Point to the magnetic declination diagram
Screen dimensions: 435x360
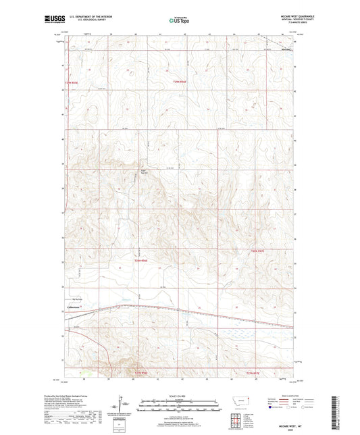pos(126,406)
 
